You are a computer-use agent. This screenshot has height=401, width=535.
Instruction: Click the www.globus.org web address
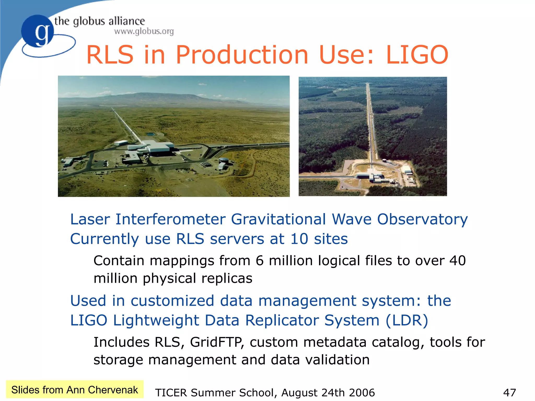144,31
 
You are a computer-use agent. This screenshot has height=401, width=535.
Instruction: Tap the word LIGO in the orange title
417,55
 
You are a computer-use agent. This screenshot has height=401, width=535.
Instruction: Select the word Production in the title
242,55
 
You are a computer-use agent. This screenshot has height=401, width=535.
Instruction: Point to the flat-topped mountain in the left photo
157,97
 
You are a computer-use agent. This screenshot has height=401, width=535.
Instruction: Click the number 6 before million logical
259,261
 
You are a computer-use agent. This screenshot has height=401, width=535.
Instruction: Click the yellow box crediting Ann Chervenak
75,390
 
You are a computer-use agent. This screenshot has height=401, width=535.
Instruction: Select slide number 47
509,392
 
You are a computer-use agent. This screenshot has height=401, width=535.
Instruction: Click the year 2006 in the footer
362,392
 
